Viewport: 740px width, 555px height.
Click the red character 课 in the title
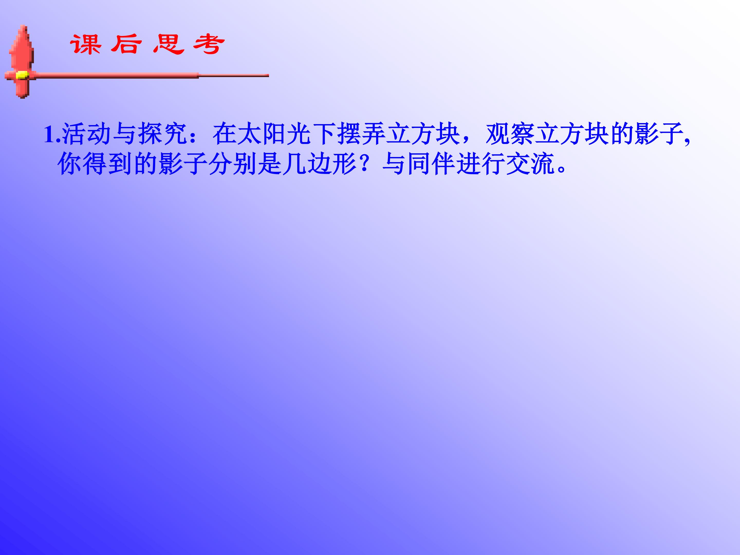coord(86,44)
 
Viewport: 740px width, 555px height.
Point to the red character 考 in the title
coord(209,44)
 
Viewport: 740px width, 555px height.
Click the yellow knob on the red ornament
coord(22,75)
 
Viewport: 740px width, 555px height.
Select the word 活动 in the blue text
coord(86,134)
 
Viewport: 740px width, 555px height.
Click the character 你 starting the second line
coord(70,164)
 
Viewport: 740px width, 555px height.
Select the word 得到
coord(107,164)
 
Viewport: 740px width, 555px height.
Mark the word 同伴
coord(432,164)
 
